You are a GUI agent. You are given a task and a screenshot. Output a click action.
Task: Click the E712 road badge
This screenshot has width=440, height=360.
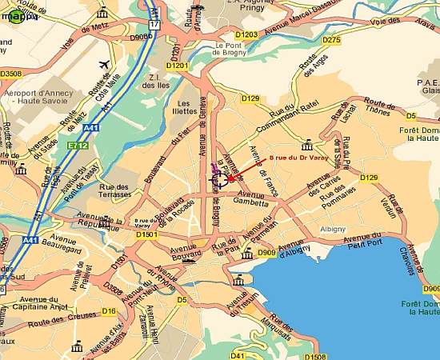pos(78,145)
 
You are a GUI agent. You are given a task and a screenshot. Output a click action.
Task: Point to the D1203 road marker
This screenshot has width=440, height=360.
pos(246,34)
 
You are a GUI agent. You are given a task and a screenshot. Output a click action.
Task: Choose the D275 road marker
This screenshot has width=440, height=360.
pos(331,39)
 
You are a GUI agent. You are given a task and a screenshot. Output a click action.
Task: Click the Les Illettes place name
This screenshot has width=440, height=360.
pos(185,108)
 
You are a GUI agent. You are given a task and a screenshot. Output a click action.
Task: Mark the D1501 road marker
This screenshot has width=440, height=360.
pos(146,235)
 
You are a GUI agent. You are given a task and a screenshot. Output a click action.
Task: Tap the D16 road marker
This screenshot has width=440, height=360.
pos(109,310)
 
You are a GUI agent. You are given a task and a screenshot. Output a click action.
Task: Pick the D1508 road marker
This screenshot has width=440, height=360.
pos(316,356)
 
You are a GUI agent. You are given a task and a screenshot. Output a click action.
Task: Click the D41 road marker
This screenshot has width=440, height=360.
pos(238,355)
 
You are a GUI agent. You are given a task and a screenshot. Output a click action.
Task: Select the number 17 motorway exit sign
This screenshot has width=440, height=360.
pos(154,26)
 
